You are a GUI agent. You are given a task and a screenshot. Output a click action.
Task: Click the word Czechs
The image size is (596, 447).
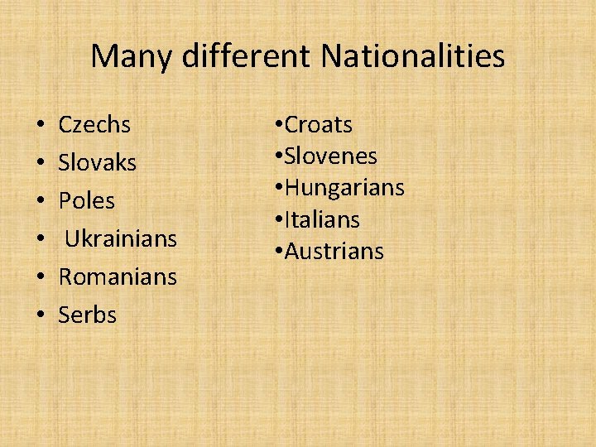tap(94, 125)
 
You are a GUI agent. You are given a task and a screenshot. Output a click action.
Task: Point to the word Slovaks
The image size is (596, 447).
tap(97, 163)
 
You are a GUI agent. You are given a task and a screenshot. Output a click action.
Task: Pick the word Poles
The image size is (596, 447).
tap(86, 201)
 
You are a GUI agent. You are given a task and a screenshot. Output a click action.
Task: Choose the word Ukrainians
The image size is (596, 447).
tap(121, 239)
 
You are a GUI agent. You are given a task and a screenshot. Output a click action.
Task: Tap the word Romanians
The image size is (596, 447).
tap(118, 277)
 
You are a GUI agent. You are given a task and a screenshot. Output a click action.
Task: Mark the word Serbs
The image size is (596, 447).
tap(87, 315)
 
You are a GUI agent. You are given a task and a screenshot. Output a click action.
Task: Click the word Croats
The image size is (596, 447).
tap(319, 125)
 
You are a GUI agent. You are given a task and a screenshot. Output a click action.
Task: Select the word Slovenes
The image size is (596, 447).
tap(330, 156)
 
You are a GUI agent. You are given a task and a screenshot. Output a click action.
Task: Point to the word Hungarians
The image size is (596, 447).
tap(344, 189)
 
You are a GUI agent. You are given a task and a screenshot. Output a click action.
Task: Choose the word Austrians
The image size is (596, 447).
tap(334, 252)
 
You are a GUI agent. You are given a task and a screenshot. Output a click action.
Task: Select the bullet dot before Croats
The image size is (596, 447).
tap(278, 126)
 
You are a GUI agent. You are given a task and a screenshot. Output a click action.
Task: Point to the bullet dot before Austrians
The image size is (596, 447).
tap(278, 252)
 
